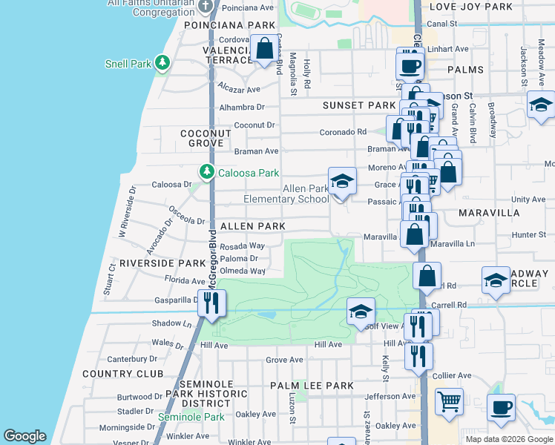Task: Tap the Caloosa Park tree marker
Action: coord(207,173)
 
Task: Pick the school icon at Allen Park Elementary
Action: coord(342,181)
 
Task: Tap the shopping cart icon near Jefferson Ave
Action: coord(449,403)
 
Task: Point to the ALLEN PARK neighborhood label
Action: coord(252,225)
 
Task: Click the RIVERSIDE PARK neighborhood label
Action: coord(162,263)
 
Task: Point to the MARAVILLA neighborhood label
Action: coord(489,213)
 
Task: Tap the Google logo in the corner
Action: coord(24,435)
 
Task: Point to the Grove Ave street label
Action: coord(285,360)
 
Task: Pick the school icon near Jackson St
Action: coord(541,105)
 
